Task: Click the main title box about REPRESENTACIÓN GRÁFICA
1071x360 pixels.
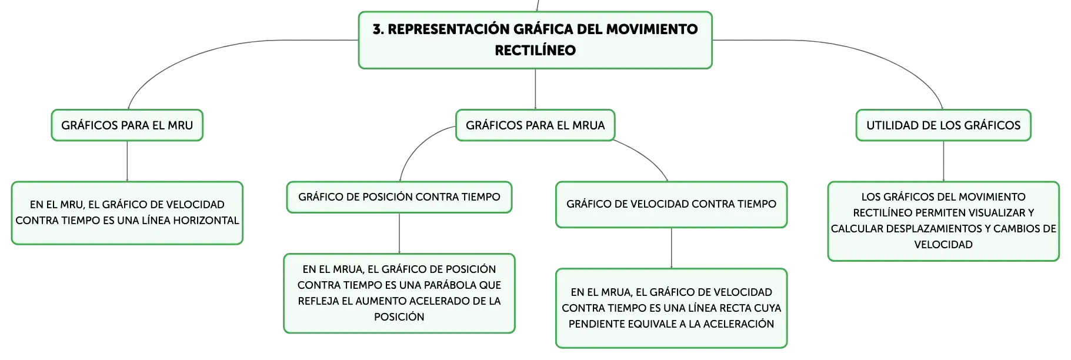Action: (535, 40)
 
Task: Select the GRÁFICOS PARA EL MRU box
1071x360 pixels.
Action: (127, 125)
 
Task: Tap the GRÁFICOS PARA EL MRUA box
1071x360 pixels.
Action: (535, 125)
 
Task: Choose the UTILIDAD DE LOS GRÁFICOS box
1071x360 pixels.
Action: (943, 125)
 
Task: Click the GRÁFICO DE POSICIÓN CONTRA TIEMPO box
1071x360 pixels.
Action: (399, 197)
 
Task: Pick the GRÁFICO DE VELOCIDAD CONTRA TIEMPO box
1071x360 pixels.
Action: (671, 204)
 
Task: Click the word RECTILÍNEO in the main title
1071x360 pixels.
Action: (535, 51)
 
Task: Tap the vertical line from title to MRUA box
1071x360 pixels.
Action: (535, 89)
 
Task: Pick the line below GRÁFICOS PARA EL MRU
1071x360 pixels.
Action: (127, 161)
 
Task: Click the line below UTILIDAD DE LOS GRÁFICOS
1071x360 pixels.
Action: (943, 161)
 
